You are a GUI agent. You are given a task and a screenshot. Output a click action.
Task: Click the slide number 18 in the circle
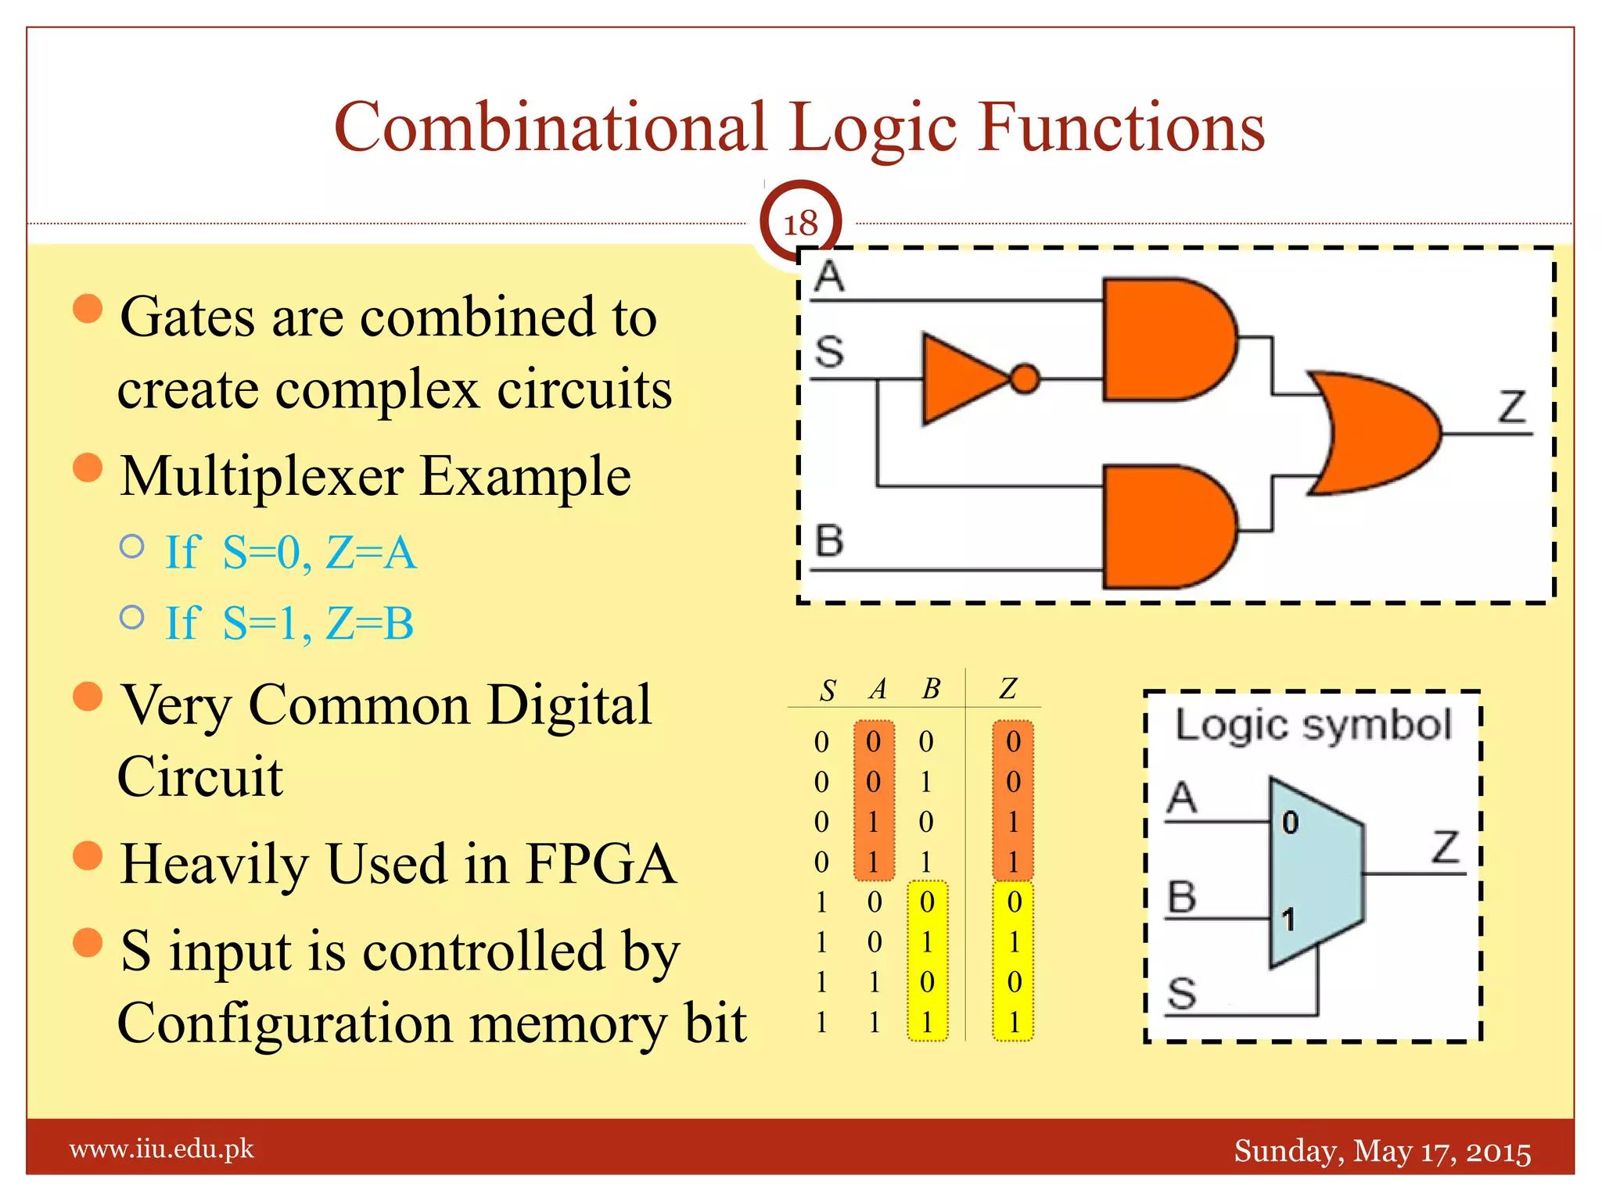(x=800, y=224)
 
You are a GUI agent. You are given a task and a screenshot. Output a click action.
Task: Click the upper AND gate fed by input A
(x=1166, y=339)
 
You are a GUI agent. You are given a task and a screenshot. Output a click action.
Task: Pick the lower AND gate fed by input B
(x=1166, y=527)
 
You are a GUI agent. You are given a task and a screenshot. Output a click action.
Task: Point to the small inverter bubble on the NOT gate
(x=1025, y=379)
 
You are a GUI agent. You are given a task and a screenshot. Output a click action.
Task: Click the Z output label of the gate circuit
(x=1512, y=407)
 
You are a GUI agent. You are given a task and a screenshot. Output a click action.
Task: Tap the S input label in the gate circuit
(x=829, y=351)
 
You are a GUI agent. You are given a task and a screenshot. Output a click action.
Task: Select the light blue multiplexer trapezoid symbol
(x=1314, y=872)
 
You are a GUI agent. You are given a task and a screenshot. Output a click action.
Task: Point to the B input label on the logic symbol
(x=1182, y=896)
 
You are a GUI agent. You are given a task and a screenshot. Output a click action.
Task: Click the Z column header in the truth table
(x=1008, y=688)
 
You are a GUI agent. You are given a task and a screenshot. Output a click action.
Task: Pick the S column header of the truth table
(x=828, y=690)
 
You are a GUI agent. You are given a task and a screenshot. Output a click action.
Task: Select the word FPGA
(x=601, y=864)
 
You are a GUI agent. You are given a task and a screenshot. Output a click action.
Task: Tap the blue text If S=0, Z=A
(x=291, y=552)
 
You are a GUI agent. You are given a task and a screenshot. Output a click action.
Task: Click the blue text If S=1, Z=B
(x=289, y=623)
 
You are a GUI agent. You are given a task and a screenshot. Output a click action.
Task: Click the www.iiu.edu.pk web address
(x=162, y=1149)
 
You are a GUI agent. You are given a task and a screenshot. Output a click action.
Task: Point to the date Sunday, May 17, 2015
(x=1382, y=1151)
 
